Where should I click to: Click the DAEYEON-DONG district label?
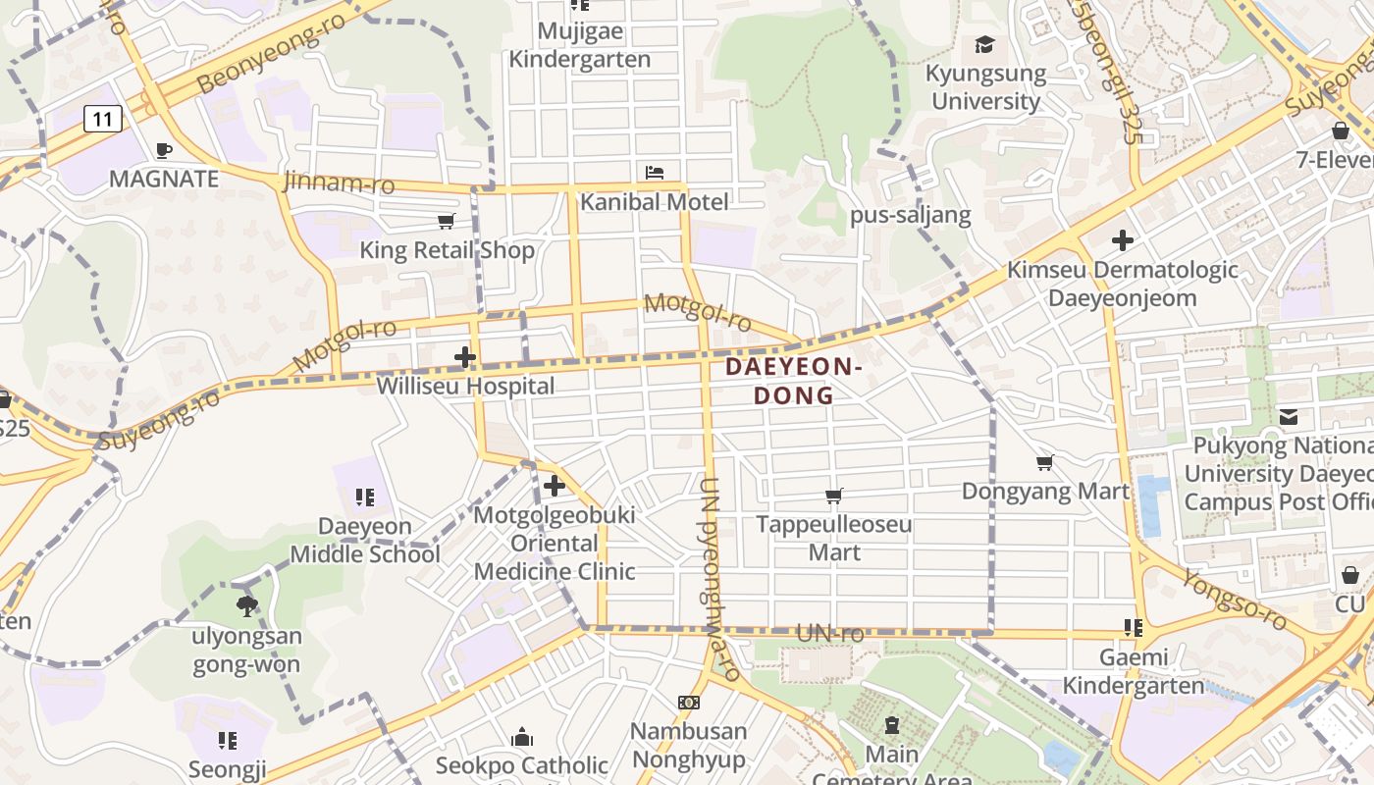coord(793,382)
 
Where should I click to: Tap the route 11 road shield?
coord(103,120)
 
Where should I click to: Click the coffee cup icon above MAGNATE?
coord(164,150)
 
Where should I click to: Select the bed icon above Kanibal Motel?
coord(655,173)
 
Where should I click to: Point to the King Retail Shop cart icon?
coord(447,221)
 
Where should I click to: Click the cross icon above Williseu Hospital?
coord(465,357)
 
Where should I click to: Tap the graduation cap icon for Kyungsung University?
coord(984,44)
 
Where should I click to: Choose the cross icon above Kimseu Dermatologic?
coord(1123,240)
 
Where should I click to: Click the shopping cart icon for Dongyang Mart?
coord(1045,462)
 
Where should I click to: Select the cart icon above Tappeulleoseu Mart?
coord(834,496)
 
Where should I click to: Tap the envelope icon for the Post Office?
coord(1289,417)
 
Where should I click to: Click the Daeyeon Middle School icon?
coord(365,497)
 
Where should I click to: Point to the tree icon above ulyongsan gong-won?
coord(246,606)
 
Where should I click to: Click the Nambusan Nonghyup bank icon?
coord(689,703)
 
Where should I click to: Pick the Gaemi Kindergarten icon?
coord(1134,628)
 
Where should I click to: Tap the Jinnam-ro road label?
coord(339,183)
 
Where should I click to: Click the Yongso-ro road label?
coord(1234,599)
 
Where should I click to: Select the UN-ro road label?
coord(830,634)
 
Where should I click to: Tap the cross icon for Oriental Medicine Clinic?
coord(555,486)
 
